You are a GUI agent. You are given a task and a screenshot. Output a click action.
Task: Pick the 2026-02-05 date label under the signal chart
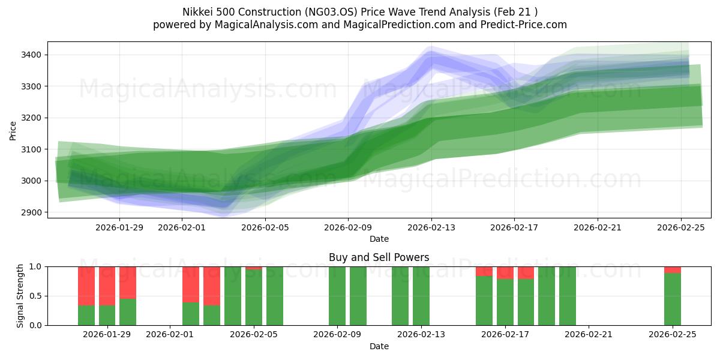click(254, 335)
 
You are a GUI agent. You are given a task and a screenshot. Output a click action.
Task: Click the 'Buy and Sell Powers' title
click(379, 257)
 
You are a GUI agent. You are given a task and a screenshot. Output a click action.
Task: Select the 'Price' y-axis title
click(13, 130)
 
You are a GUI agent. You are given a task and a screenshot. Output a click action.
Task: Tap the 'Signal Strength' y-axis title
click(20, 296)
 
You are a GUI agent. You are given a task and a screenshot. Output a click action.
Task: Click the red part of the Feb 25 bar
click(673, 269)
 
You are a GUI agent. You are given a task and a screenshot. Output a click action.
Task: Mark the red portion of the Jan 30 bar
click(128, 282)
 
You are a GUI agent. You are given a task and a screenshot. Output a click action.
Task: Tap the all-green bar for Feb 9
click(337, 296)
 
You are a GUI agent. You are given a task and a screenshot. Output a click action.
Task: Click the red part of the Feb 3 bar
click(212, 286)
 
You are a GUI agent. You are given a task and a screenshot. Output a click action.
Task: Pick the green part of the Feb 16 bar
click(484, 300)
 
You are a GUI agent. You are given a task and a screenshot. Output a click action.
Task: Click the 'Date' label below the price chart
click(379, 239)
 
